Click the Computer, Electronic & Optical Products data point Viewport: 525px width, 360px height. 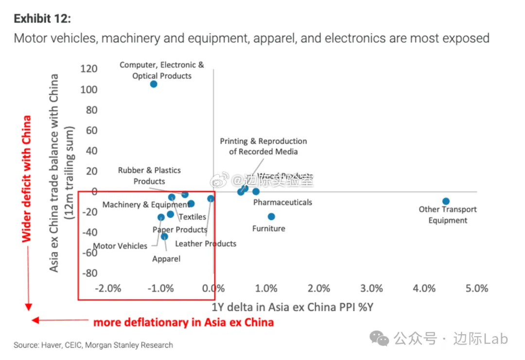point(154,84)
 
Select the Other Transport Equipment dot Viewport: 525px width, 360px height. point(446,201)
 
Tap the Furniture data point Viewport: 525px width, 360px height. point(271,216)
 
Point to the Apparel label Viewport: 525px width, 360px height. point(166,259)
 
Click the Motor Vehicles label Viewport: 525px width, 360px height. point(120,246)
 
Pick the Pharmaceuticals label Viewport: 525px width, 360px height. point(282,202)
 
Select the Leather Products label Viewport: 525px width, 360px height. point(206,244)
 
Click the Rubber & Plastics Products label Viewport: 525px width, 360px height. point(149,176)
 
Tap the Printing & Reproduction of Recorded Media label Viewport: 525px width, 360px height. point(263,146)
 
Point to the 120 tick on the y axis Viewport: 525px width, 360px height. point(89,69)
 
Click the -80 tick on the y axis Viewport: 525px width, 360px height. point(89,273)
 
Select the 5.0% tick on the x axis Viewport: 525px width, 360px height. point(477,288)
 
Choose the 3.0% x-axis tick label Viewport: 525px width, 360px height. point(372,288)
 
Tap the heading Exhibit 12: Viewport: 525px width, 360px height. point(42,18)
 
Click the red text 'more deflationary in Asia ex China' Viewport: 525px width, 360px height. point(183,322)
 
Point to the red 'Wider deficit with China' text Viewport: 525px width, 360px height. point(27,179)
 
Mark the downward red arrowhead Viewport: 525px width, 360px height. point(28,306)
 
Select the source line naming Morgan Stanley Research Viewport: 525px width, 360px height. point(93,345)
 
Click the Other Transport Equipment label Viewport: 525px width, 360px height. point(448,215)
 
